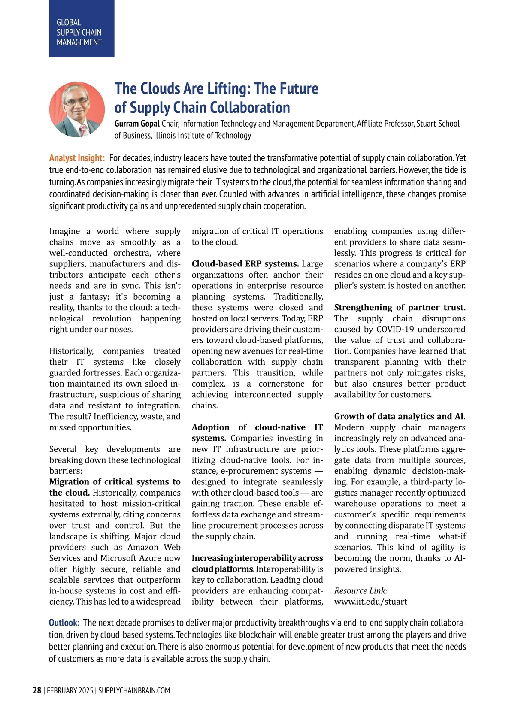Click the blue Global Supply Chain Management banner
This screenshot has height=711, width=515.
[82, 29]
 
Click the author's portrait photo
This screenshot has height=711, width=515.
[77, 109]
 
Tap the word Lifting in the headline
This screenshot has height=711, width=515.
[227, 88]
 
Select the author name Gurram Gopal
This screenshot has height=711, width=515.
[137, 124]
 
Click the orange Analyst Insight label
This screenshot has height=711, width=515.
[77, 158]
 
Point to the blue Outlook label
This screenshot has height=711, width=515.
[64, 623]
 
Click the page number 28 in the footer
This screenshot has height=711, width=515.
[37, 690]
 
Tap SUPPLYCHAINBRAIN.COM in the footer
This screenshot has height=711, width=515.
[134, 690]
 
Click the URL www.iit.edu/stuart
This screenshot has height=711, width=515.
[371, 602]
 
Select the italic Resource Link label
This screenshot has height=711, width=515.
[360, 591]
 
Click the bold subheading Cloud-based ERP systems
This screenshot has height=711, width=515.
[245, 264]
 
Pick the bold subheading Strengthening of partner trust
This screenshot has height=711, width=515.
[400, 307]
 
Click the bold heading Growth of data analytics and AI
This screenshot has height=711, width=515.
[400, 416]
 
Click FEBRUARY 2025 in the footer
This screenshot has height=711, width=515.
[70, 690]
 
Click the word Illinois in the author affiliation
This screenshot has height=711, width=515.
[170, 136]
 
